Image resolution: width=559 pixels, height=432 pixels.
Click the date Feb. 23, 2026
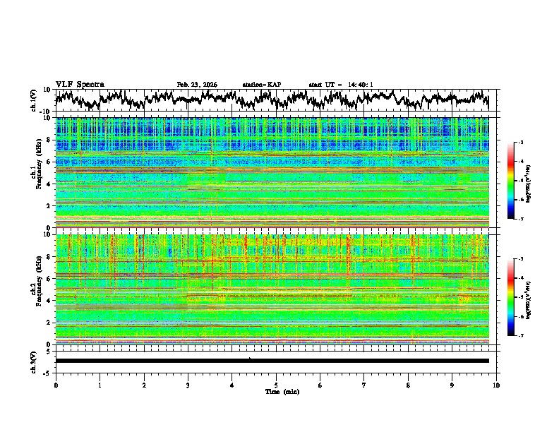click(x=197, y=85)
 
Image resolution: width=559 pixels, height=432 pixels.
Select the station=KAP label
click(x=261, y=85)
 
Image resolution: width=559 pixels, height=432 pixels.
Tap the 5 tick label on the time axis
click(x=276, y=385)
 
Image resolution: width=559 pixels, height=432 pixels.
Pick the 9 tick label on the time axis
click(x=452, y=385)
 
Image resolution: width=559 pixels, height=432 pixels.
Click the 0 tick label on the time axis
click(x=56, y=385)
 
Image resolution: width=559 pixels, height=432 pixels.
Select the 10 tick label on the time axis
click(x=496, y=385)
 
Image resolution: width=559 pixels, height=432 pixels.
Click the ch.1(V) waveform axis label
click(x=34, y=101)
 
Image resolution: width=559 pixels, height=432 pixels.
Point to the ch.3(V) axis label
click(x=34, y=361)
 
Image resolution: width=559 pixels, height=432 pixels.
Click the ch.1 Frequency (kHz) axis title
click(x=37, y=173)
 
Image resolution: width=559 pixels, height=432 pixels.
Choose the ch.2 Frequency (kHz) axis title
click(x=37, y=289)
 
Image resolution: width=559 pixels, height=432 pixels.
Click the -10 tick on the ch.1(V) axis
click(x=46, y=112)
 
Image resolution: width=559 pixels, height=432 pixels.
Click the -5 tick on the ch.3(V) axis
click(x=47, y=371)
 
